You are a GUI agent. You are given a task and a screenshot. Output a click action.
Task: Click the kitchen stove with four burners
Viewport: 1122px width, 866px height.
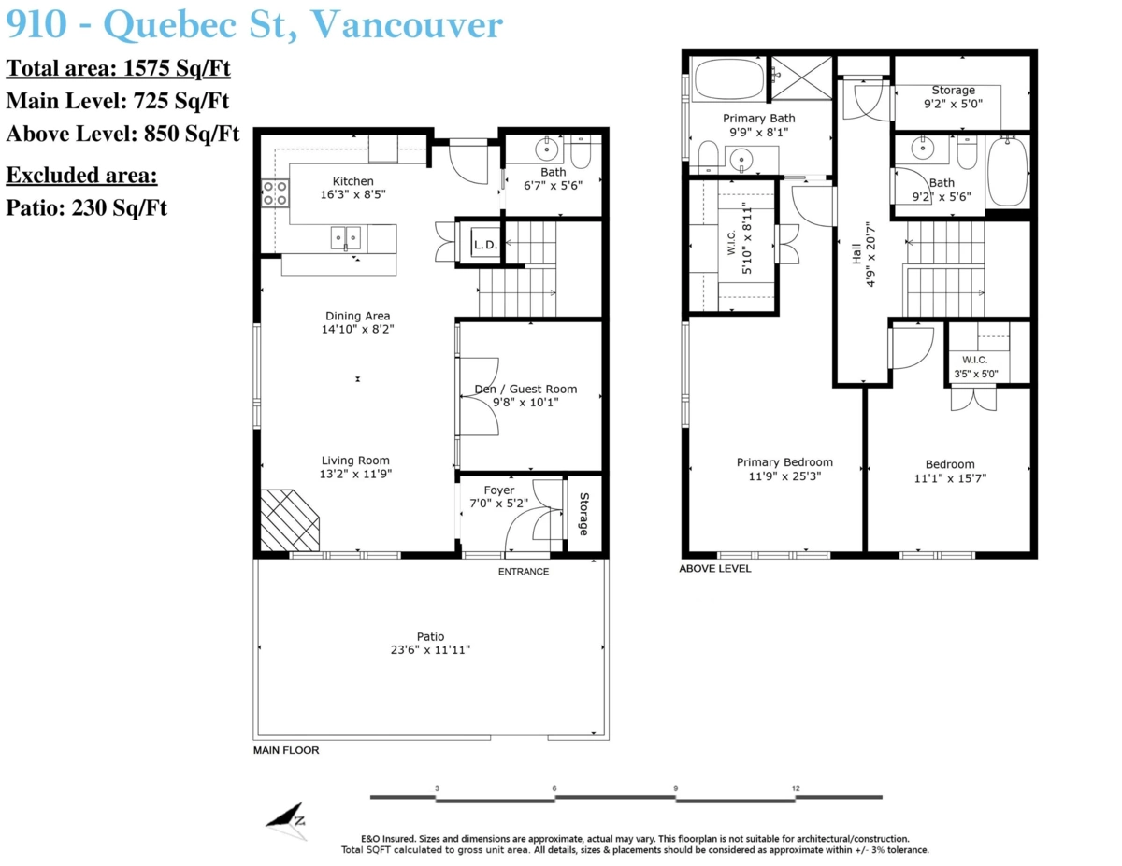[x=274, y=192]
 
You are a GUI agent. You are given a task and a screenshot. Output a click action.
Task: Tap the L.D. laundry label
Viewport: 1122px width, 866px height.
[x=485, y=245]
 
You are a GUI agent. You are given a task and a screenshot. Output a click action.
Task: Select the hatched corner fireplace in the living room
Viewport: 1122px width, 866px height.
[x=290, y=520]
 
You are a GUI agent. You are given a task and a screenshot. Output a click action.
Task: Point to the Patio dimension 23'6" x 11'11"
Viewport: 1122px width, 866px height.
[x=430, y=649]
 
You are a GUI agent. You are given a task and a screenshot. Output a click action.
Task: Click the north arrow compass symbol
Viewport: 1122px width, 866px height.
[x=285, y=820]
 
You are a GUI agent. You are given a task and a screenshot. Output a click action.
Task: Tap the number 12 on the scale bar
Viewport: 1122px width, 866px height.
[x=796, y=788]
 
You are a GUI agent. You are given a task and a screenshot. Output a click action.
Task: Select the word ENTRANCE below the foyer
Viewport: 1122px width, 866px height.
[x=523, y=572]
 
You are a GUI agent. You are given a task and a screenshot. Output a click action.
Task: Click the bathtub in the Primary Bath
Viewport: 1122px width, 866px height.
[x=728, y=78]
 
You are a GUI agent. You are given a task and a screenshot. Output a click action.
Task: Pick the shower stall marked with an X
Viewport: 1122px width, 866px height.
[x=801, y=78]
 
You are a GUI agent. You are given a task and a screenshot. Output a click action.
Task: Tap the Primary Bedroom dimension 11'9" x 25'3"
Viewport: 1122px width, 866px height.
[x=784, y=476]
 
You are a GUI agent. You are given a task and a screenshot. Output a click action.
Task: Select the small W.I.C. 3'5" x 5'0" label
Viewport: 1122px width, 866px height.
[x=975, y=367]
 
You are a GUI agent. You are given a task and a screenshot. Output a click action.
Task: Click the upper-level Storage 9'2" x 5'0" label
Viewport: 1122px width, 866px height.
[x=953, y=97]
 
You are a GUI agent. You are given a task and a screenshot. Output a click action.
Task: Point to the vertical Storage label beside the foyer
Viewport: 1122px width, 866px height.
[x=584, y=514]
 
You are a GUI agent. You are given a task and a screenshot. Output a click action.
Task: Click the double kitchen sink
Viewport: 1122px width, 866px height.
[x=345, y=238]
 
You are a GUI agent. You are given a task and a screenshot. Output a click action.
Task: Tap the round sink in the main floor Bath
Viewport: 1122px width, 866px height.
[x=546, y=149]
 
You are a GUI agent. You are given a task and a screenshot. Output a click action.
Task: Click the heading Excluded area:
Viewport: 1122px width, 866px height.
[x=81, y=176]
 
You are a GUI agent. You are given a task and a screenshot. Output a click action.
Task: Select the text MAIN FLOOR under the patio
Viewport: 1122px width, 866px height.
[x=285, y=750]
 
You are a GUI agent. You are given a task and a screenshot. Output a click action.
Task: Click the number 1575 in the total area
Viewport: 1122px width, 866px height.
[x=147, y=68]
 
